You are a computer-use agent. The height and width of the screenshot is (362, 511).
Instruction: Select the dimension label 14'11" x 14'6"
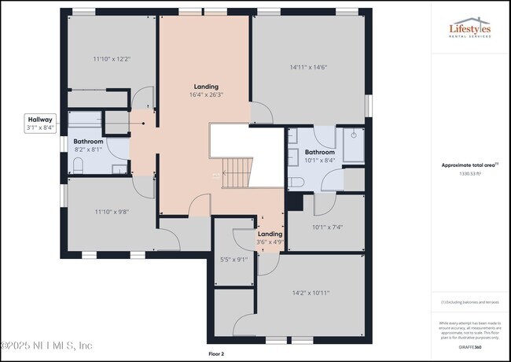[x=308, y=68]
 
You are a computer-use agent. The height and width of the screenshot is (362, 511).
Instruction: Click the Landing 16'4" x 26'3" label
[x=207, y=90]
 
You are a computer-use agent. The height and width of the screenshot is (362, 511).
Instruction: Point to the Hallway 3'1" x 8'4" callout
[x=40, y=123]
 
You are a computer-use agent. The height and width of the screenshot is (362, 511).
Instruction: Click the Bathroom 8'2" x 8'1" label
[x=89, y=145]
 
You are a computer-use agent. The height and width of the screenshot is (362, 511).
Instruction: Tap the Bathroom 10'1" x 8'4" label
[x=320, y=156]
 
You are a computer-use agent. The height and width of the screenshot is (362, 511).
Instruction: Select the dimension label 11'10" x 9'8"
[x=111, y=212]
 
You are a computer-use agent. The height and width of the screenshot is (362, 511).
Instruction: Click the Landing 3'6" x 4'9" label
[x=270, y=238]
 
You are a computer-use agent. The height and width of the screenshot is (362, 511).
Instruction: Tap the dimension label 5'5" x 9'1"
[x=233, y=259]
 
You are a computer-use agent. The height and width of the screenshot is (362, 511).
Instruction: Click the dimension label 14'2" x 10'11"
[x=311, y=293]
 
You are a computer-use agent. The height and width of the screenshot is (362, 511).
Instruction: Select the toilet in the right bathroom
[x=296, y=183]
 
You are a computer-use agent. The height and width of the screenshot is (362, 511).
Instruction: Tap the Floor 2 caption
[x=216, y=354]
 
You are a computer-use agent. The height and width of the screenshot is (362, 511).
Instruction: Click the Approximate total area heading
[x=469, y=165]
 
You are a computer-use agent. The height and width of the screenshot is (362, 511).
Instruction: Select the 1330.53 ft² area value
[x=469, y=173]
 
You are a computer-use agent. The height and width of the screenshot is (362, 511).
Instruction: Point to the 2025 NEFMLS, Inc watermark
[x=47, y=345]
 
